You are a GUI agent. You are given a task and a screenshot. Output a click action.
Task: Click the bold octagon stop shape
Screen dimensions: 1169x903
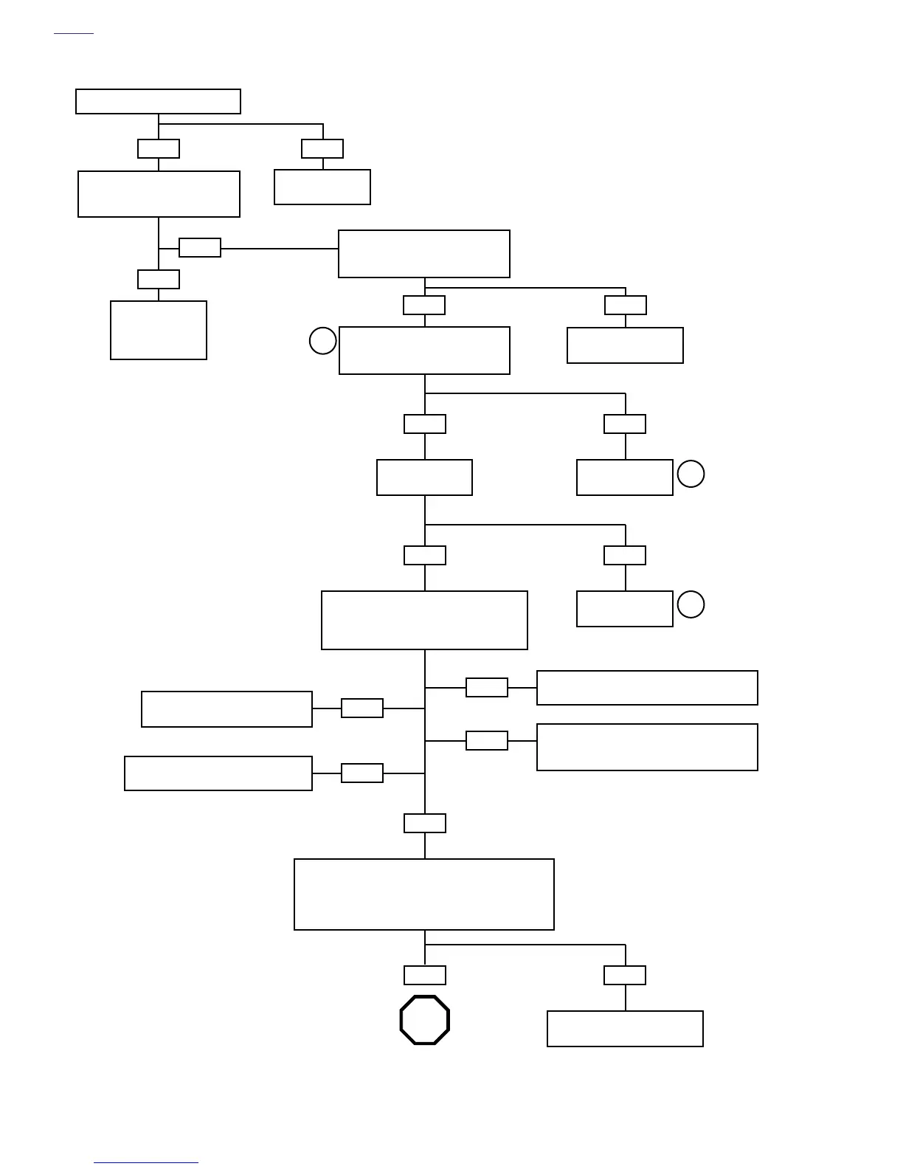[424, 1020]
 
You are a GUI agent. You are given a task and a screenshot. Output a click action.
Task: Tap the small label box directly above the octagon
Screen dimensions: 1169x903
[425, 975]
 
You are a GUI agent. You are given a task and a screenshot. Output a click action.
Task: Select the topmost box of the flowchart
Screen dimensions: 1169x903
[158, 101]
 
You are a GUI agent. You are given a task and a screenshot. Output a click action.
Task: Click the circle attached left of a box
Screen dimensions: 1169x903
[322, 341]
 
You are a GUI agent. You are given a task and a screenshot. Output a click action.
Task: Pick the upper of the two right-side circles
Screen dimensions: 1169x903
[691, 474]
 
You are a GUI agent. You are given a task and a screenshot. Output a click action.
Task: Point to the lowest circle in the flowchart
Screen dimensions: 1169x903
[691, 604]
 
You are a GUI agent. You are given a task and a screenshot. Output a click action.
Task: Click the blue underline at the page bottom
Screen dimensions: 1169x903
[146, 1163]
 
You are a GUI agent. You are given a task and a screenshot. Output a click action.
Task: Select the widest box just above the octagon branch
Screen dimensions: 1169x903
[424, 894]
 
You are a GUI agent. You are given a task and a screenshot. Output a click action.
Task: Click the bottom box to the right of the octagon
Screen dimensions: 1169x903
[625, 1028]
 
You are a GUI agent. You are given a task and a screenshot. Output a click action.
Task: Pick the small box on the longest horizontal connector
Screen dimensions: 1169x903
[200, 248]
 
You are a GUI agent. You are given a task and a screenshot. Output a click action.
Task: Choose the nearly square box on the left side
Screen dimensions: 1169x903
[159, 330]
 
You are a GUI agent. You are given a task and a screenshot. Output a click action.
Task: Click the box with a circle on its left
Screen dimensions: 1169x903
[424, 351]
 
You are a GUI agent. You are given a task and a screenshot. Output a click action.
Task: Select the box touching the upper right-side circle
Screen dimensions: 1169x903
[624, 477]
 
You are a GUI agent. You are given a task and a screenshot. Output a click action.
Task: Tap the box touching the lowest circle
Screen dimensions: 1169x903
[624, 609]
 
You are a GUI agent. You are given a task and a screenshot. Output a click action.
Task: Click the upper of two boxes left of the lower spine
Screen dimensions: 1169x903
[226, 709]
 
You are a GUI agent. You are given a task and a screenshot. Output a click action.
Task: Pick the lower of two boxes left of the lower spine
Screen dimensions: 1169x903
[218, 773]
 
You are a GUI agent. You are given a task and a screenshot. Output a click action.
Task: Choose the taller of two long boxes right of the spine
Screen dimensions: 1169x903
[647, 747]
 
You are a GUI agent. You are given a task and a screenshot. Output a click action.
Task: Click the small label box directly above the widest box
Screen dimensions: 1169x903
[425, 823]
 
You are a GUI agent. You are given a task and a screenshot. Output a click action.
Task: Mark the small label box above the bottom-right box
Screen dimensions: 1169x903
[625, 975]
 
